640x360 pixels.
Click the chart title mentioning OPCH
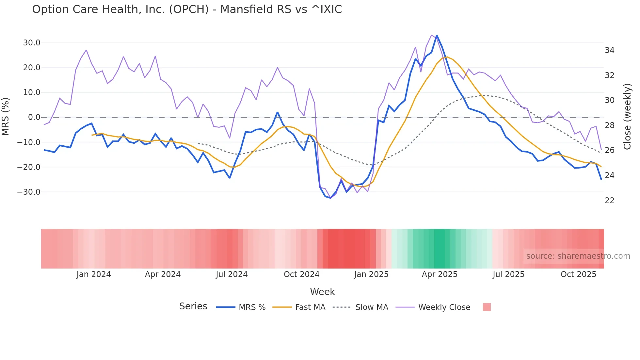coord(187,9)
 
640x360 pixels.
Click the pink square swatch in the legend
coord(487,307)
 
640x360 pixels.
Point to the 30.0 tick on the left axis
coord(32,43)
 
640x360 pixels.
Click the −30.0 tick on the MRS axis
coord(29,192)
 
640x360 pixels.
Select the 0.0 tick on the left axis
coord(34,117)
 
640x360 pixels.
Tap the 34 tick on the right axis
coord(609,50)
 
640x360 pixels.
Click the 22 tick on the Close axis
coord(609,201)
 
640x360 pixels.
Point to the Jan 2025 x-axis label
coord(371,274)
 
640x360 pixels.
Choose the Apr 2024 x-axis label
coord(163,274)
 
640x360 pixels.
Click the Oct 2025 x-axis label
coord(578,274)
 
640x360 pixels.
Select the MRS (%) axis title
coord(6,117)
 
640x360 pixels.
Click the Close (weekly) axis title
coord(627,117)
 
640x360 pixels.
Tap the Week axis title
coord(322,292)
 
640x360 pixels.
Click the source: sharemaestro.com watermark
coord(578,256)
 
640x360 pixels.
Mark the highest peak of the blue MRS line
coord(437,36)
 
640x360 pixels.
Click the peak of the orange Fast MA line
coord(447,57)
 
